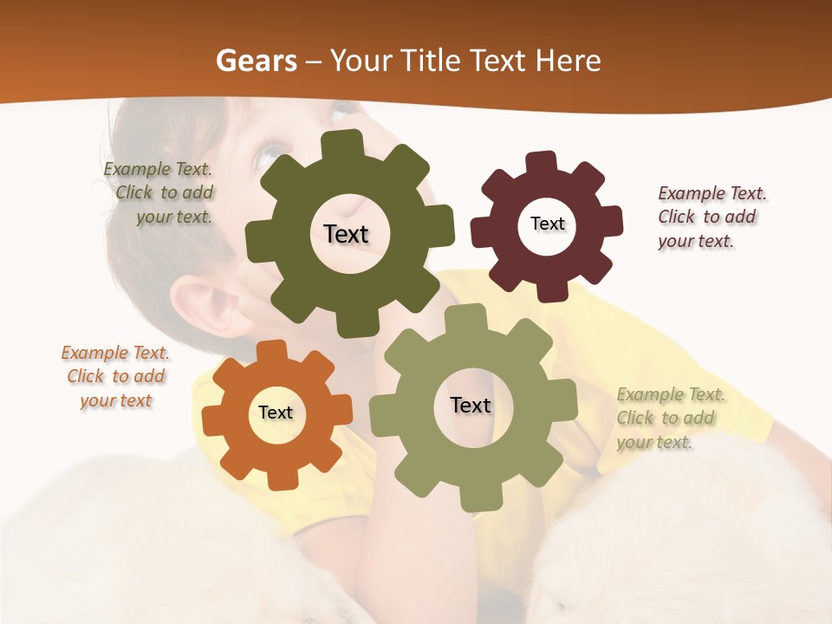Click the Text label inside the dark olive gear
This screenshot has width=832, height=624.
pos(346,234)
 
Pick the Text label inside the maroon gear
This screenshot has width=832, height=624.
pos(547,224)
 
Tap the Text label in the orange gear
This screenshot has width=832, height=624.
pos(276,413)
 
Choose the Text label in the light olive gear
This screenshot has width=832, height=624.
pos(471,406)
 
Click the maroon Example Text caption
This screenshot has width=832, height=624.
pos(711,217)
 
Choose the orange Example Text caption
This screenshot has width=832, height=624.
pos(115,377)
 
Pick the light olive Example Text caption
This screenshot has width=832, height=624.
pos(669,418)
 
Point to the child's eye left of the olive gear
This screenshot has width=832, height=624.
pos(264,156)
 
